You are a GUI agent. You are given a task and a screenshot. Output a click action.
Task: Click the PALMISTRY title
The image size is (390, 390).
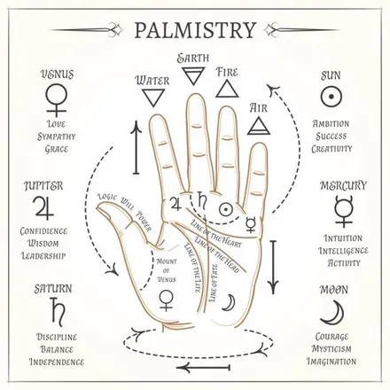click(x=195, y=29)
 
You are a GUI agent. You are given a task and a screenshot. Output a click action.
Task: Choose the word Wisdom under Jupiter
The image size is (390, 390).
click(x=43, y=244)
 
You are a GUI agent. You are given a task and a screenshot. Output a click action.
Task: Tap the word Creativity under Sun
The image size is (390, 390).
click(x=332, y=149)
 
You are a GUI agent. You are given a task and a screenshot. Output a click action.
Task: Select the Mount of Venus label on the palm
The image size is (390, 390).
click(x=167, y=270)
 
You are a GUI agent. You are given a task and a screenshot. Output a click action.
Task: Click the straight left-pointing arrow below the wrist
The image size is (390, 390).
click(x=203, y=368)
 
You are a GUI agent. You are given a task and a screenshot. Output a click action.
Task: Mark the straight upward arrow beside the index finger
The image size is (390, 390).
click(x=136, y=147)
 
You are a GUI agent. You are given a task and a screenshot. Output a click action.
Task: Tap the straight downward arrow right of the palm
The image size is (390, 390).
click(x=273, y=268)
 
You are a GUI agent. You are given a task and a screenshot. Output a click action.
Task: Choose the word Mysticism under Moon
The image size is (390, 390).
click(x=331, y=349)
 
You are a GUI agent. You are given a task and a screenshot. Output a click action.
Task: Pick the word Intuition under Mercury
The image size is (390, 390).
click(x=343, y=238)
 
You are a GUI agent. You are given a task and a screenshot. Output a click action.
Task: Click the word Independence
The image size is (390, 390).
click(x=57, y=362)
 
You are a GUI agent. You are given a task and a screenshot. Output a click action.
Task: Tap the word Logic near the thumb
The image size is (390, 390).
click(x=108, y=197)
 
